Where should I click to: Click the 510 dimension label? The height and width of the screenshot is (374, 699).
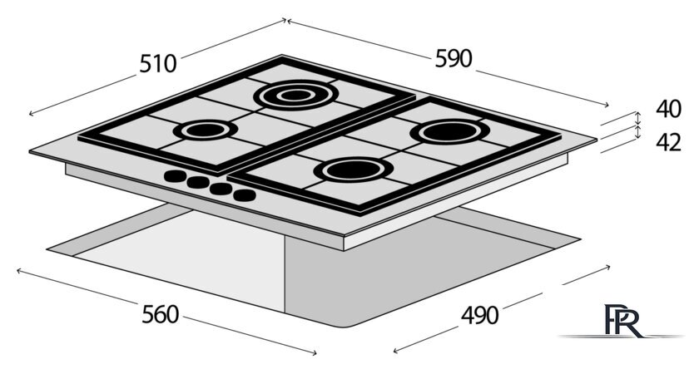coord(158,64)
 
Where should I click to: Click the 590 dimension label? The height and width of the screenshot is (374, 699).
coord(454,59)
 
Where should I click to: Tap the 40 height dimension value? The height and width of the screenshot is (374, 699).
coord(668,109)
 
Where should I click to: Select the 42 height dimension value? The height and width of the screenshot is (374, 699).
coord(668,142)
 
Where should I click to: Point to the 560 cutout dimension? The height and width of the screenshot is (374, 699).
coord(160,314)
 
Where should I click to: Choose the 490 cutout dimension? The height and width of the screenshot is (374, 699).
coord(479,316)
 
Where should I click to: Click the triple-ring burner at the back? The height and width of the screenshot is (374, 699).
coord(295,95)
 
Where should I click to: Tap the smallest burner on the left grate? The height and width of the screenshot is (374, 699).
coord(206,130)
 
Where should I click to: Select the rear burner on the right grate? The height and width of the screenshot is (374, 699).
coord(450,132)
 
